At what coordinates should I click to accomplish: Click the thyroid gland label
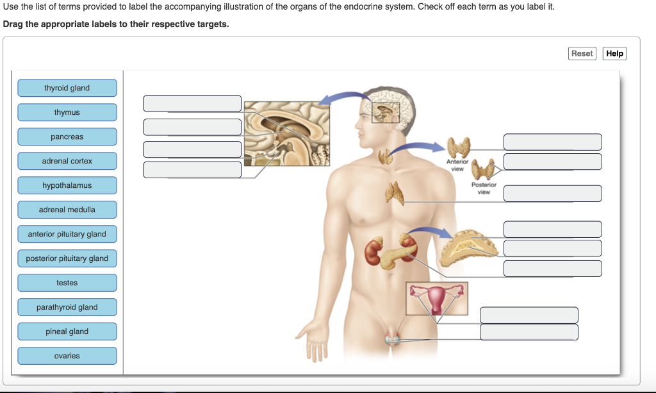tap(67, 88)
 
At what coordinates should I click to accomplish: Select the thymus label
tap(67, 112)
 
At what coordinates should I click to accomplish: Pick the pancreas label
tap(67, 137)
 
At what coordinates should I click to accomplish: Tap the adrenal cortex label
tap(67, 161)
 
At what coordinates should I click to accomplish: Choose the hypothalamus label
tap(67, 185)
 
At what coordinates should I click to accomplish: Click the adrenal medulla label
tap(67, 210)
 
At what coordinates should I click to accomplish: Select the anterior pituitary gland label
tap(67, 234)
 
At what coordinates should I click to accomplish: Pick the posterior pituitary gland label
tap(67, 258)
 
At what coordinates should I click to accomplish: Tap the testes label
tap(67, 283)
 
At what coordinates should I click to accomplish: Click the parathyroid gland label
tap(67, 307)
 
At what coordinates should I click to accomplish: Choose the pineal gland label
tap(67, 331)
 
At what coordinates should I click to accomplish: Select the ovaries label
tap(67, 356)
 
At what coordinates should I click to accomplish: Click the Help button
tap(614, 53)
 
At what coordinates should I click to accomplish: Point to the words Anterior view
tap(457, 165)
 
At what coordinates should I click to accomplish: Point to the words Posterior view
tap(484, 188)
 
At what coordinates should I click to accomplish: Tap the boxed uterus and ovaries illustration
tap(437, 298)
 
